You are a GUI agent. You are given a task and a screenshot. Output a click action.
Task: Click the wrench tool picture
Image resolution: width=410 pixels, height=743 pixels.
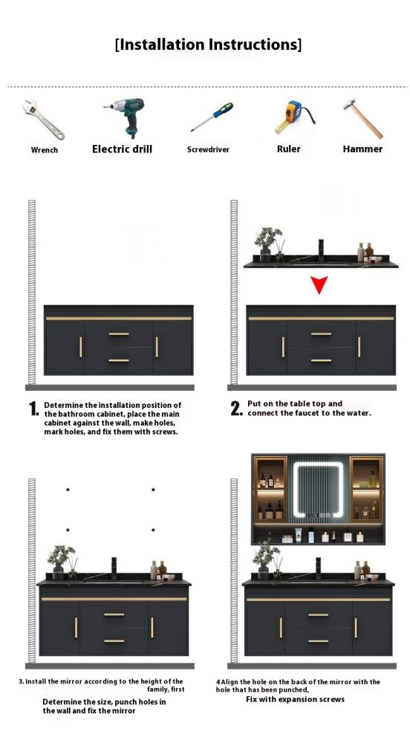(42, 120)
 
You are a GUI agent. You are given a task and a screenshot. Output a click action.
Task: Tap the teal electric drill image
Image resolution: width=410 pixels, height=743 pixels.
(125, 117)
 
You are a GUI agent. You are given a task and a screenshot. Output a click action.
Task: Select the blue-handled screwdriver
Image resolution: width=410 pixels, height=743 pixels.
(212, 117)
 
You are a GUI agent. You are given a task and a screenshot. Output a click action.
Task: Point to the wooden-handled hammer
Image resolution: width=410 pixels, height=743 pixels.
(362, 118)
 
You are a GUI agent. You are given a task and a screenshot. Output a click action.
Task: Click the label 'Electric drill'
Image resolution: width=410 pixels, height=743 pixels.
(122, 149)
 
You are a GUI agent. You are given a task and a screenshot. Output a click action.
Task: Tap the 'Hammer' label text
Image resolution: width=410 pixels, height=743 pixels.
(362, 149)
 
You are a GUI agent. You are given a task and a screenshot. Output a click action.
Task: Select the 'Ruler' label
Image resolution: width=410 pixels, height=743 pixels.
(289, 149)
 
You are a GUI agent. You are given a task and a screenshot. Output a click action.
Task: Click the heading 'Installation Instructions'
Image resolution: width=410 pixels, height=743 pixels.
(208, 45)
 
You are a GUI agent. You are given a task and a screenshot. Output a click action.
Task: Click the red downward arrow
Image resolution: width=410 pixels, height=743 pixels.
(319, 285)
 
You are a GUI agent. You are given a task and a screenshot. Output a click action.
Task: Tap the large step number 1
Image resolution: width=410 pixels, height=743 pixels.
(33, 409)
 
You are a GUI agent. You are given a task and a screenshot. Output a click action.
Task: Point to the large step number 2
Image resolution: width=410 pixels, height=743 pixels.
(236, 408)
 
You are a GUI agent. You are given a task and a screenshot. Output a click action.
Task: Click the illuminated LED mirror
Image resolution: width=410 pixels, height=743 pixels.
(317, 490)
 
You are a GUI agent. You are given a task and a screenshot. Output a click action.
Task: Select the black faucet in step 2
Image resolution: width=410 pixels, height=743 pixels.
(321, 250)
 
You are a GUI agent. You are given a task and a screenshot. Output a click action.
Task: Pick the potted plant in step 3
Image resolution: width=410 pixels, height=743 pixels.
(61, 562)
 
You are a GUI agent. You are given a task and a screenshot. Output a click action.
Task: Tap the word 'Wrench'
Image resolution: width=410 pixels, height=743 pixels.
(45, 150)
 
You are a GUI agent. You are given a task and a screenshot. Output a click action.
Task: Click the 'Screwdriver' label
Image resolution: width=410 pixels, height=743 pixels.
(208, 149)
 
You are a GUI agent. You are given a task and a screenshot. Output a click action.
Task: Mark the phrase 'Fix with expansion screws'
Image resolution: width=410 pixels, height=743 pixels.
(296, 699)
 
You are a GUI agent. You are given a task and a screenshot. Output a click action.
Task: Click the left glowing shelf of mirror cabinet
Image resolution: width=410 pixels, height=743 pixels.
(270, 489)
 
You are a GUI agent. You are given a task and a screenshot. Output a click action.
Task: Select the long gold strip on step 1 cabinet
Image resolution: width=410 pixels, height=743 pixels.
(119, 319)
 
